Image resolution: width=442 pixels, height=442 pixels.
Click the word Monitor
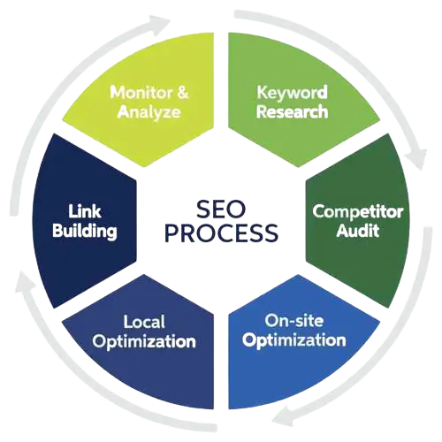pos(141,92)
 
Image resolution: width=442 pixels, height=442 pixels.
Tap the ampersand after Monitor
pos(183,92)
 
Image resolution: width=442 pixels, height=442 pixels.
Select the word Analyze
pos(149,111)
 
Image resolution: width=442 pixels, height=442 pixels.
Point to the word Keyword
pos(292,93)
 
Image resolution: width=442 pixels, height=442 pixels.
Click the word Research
pos(292,112)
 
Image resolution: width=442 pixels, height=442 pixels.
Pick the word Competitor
pos(358,211)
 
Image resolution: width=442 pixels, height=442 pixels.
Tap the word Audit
pos(358,230)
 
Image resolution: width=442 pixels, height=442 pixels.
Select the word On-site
pos(294,320)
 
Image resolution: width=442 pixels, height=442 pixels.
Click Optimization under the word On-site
pos(294,340)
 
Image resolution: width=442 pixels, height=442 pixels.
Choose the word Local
pos(144,322)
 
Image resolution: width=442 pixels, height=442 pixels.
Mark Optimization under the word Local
pos(144,341)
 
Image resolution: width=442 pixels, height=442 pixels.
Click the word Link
pos(85,211)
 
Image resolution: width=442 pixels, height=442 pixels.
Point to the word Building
pos(85,231)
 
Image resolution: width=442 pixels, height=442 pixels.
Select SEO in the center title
pos(221,210)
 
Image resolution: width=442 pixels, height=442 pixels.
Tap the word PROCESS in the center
pos(221,232)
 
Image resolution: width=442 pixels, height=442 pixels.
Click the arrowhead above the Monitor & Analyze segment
pos(159,23)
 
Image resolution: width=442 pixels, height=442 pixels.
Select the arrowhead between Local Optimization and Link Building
pos(26,282)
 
